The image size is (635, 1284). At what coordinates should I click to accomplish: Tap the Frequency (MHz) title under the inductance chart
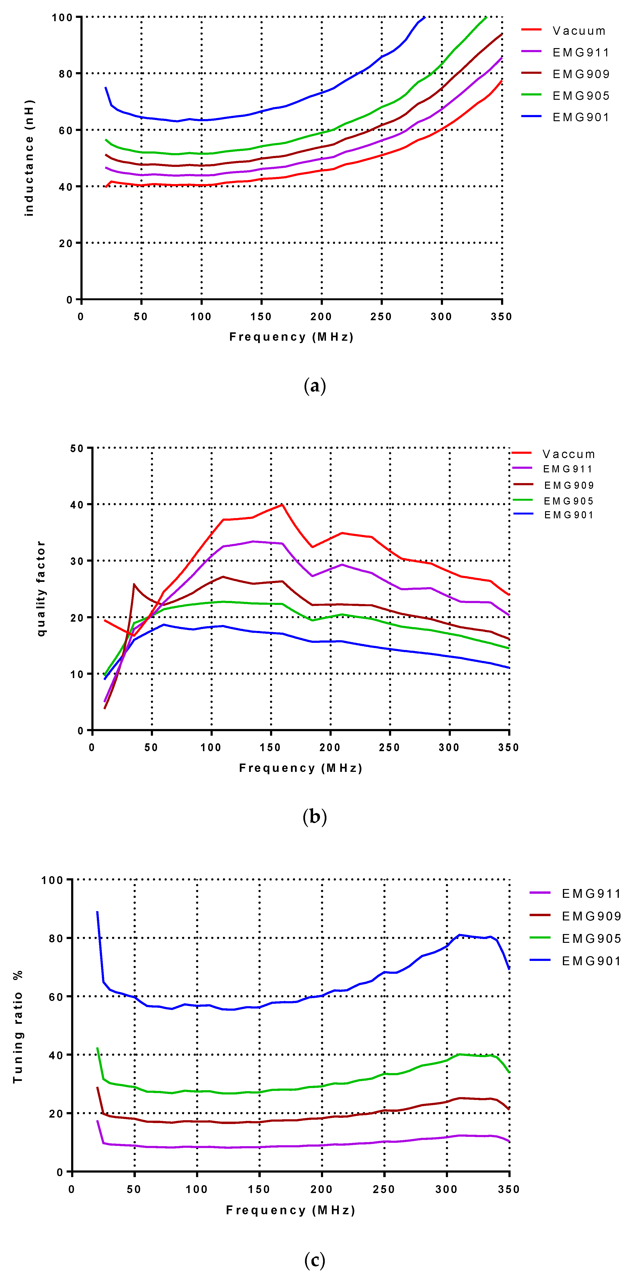tap(291, 337)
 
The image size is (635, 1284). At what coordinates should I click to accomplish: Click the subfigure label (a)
tap(315, 386)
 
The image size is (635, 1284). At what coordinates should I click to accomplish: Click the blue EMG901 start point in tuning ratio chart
tap(97, 912)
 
